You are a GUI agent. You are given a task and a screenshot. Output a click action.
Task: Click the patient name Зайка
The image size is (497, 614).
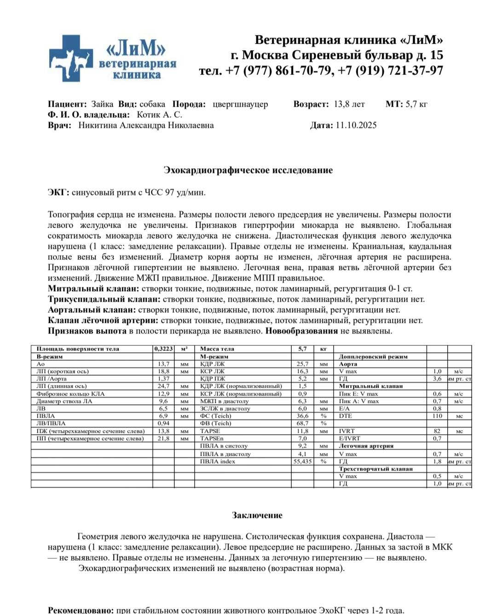click(102, 104)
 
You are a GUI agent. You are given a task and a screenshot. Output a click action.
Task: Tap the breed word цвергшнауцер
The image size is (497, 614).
click(240, 104)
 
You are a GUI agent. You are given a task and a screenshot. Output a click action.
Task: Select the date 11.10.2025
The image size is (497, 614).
click(356, 125)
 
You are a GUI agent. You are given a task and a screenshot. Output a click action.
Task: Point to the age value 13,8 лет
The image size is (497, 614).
click(349, 104)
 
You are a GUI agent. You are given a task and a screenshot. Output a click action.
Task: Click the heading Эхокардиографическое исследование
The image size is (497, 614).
click(248, 170)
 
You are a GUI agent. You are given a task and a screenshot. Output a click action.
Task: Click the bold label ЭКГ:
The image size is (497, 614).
click(58, 192)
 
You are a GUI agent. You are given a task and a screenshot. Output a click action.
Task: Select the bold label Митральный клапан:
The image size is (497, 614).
click(93, 289)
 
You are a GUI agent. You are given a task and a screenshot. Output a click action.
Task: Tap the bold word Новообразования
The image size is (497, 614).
click(301, 331)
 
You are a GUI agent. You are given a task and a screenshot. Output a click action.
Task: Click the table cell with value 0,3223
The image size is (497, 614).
click(164, 349)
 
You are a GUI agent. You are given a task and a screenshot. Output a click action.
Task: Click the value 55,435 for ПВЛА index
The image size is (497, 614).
click(302, 461)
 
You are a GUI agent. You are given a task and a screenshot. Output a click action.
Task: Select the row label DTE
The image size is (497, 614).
click(346, 416)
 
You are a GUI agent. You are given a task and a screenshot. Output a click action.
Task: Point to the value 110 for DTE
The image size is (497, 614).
click(437, 416)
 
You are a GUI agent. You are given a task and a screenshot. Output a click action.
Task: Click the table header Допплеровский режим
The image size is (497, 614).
click(373, 356)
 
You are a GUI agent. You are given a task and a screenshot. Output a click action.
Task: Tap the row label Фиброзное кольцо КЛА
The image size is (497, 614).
click(70, 394)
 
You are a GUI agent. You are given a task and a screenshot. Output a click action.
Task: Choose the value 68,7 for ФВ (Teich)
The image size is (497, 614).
click(302, 423)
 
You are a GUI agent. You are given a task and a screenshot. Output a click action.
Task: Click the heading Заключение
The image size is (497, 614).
click(257, 515)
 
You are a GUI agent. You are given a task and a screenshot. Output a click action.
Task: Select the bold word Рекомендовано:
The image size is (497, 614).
click(81, 610)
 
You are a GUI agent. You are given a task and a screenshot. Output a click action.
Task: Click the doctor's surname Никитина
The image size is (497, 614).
click(98, 125)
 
